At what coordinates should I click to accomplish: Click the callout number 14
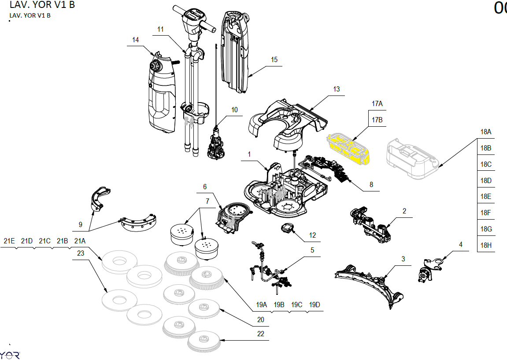[135, 40]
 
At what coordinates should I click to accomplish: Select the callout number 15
[274, 60]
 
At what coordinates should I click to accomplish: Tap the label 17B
[377, 120]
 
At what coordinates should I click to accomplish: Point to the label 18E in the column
[486, 197]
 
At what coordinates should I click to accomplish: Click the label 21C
[44, 241]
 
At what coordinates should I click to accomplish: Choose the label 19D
[315, 305]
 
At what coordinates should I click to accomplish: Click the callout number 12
[312, 235]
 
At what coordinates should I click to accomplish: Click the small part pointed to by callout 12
[288, 228]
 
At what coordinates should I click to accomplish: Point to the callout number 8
[371, 185]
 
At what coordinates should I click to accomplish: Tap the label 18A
[486, 132]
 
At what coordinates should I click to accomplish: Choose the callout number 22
[261, 334]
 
